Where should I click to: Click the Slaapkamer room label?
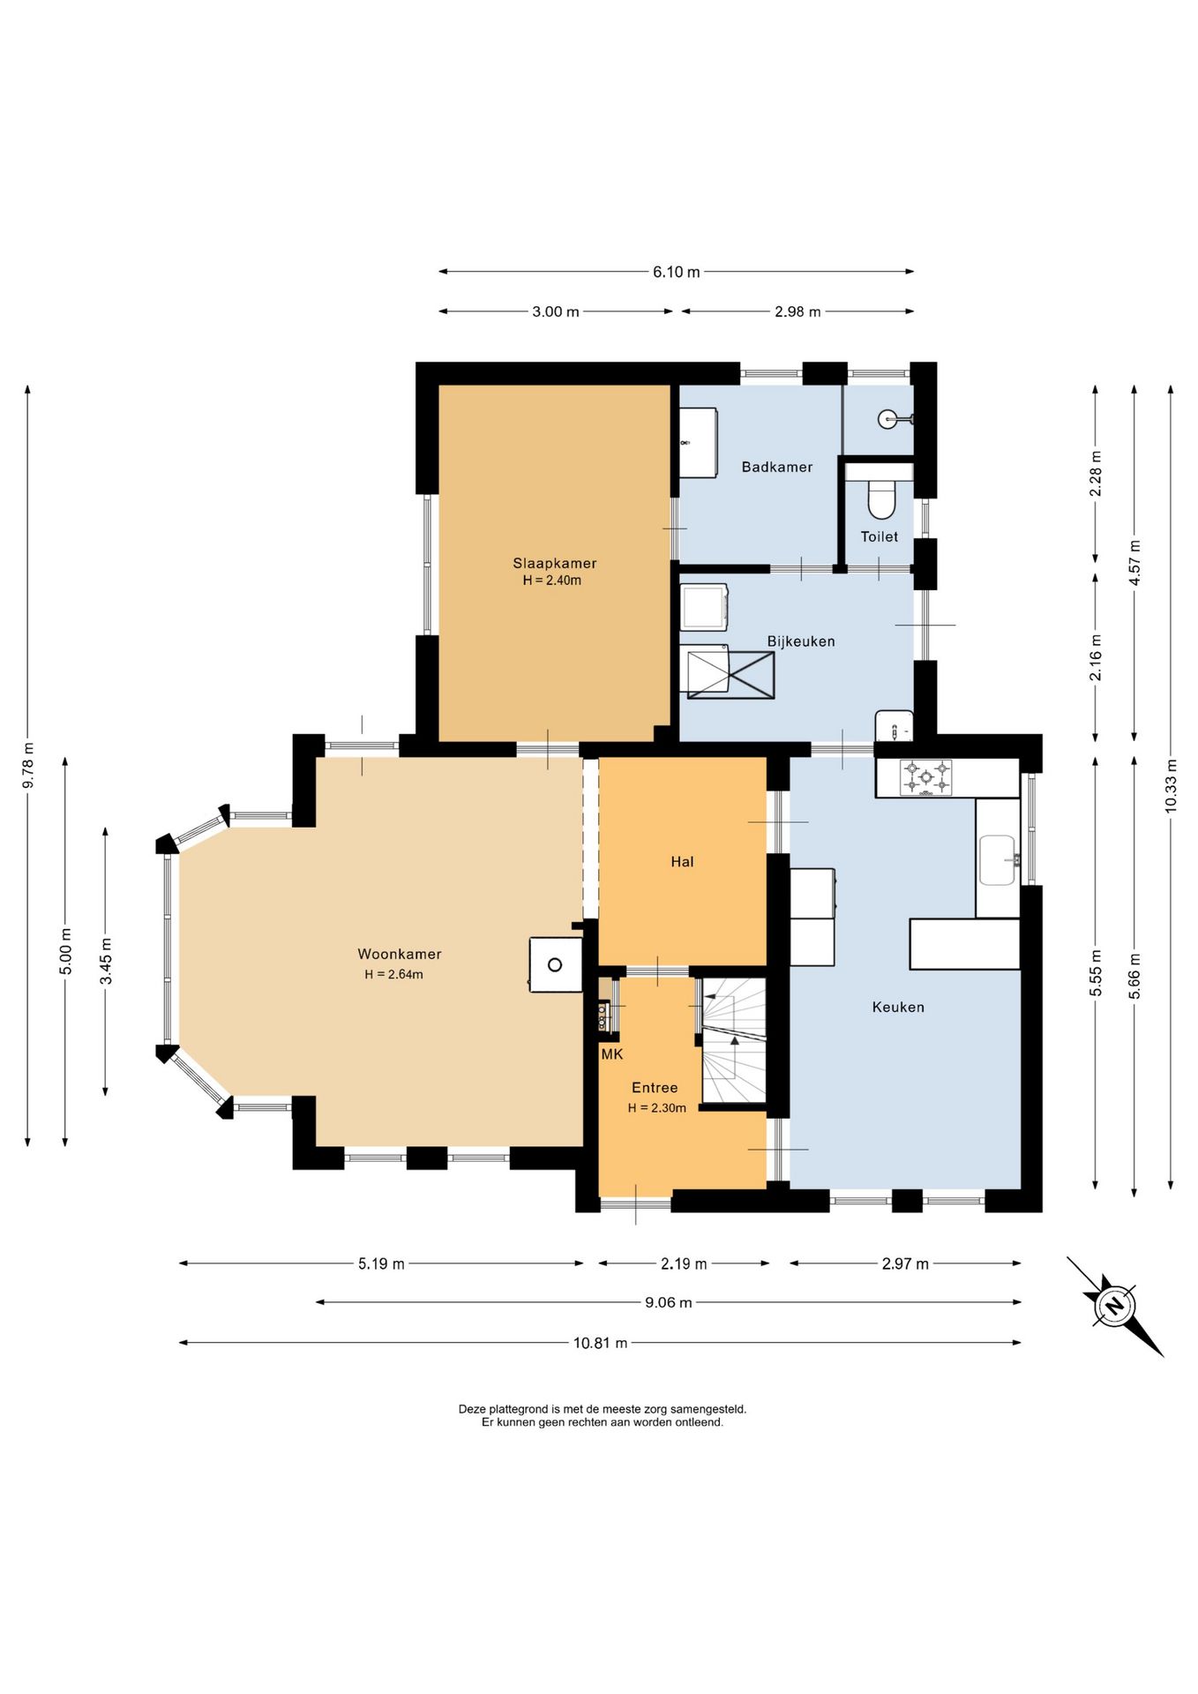(555, 563)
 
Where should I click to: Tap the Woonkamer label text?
(399, 954)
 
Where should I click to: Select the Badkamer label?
(777, 467)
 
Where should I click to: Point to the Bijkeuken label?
(801, 641)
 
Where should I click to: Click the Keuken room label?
(898, 1007)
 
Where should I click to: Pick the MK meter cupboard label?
(612, 1054)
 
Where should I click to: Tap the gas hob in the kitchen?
(925, 778)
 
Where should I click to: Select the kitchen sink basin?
(998, 859)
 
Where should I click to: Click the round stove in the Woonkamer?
(555, 964)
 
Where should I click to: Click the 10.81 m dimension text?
(600, 1343)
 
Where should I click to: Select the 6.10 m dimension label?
(676, 272)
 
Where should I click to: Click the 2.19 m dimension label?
(684, 1263)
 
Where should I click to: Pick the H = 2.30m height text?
(656, 1108)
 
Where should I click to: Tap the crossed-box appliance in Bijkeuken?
(730, 675)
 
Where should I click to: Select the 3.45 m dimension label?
(106, 962)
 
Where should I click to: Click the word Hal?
(682, 862)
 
